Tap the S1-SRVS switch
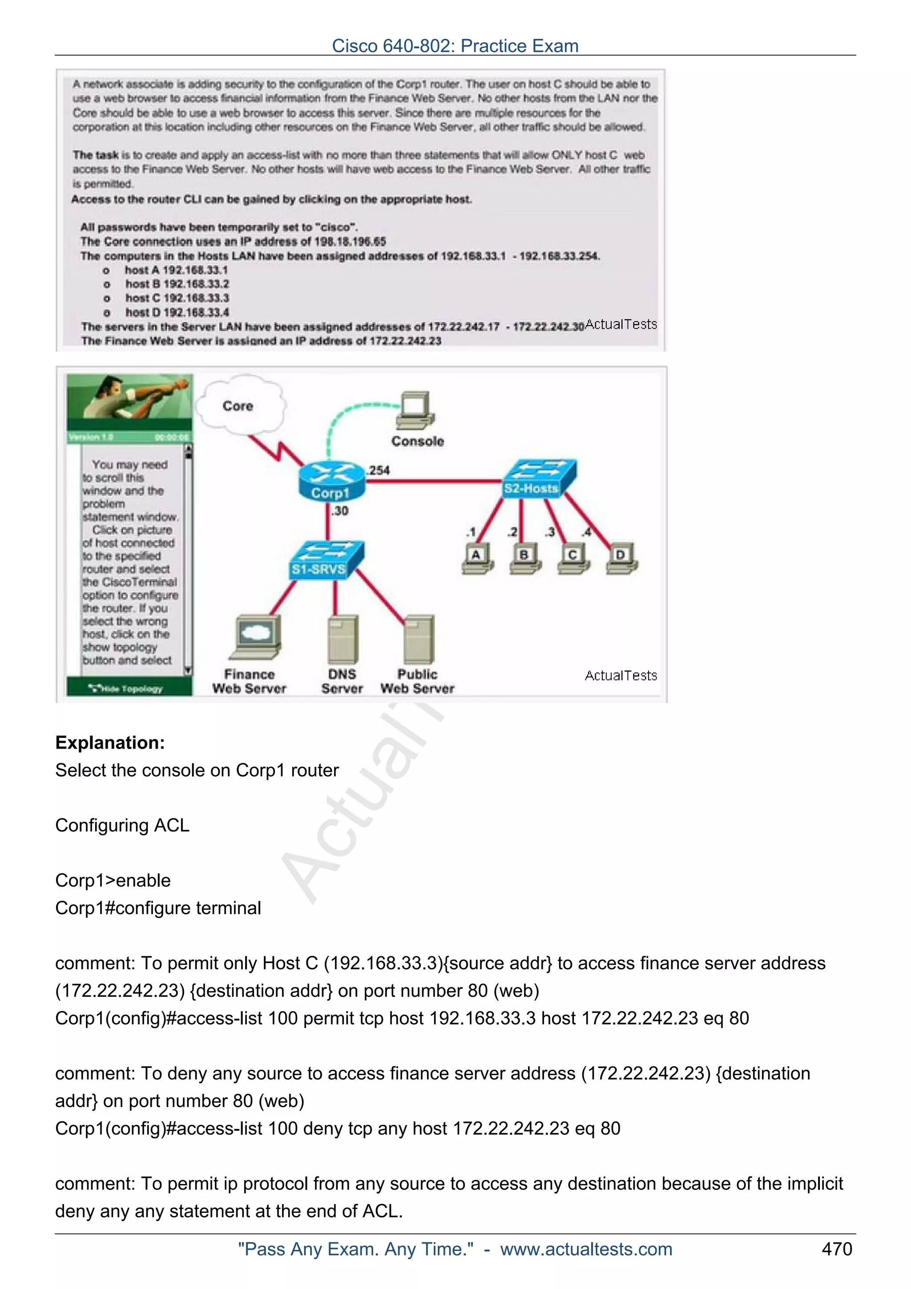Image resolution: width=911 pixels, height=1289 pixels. tap(327, 560)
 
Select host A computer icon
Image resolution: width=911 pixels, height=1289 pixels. tap(477, 559)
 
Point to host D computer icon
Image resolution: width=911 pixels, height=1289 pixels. tap(621, 559)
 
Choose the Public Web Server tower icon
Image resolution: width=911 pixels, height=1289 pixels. tap(419, 640)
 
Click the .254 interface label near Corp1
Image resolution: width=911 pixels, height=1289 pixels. tap(379, 471)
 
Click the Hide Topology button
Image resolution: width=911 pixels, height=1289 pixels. tap(129, 688)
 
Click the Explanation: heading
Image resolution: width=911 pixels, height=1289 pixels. tap(110, 743)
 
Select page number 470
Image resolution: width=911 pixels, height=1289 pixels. tap(836, 1249)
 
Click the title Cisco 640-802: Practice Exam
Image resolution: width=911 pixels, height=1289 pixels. tap(455, 45)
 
